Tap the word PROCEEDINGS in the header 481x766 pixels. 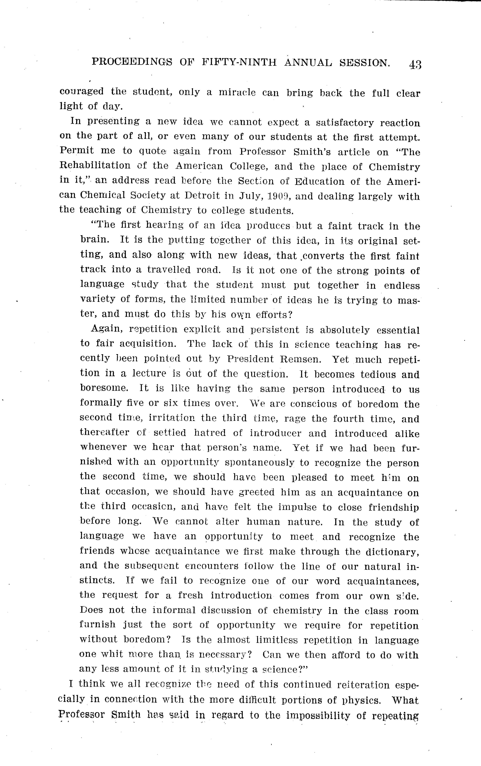pyautogui.click(x=132, y=62)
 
